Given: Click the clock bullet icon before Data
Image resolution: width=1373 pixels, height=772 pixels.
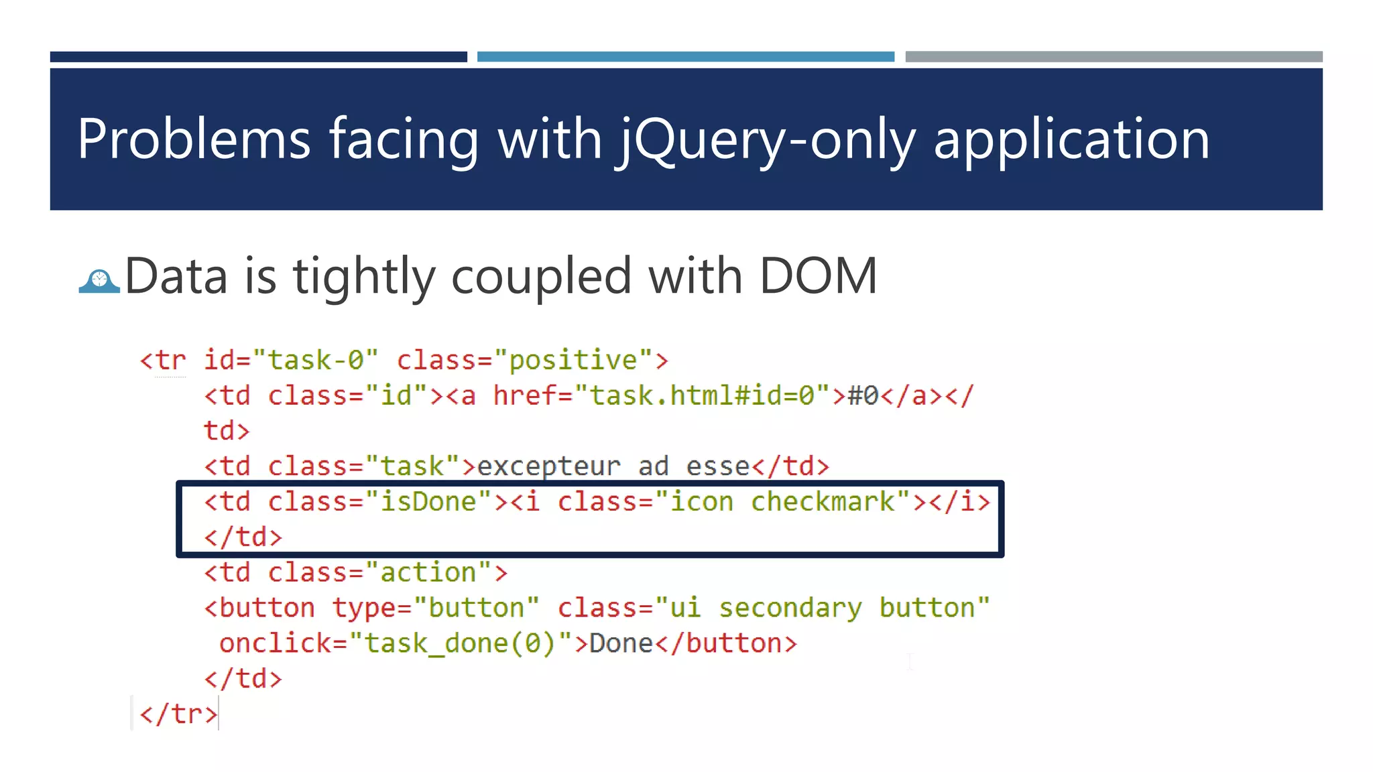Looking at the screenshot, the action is click(x=99, y=281).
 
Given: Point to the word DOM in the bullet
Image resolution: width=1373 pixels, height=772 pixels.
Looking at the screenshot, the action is click(x=818, y=275).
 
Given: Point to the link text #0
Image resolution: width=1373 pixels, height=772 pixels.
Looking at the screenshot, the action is click(x=863, y=395).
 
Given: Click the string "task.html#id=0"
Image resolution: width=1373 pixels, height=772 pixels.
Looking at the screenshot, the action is click(x=703, y=395).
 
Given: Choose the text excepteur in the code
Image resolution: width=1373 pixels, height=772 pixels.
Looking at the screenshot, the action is click(x=548, y=466).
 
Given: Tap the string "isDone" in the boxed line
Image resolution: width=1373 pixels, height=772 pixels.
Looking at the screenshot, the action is click(x=428, y=502).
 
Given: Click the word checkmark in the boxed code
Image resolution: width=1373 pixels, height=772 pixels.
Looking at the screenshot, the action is click(x=823, y=502).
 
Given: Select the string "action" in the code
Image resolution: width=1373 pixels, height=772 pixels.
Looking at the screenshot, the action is click(x=428, y=572).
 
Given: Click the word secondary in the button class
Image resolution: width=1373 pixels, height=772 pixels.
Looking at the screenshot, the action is click(x=790, y=608).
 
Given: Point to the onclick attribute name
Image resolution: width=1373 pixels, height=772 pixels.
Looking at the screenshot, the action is click(x=275, y=643).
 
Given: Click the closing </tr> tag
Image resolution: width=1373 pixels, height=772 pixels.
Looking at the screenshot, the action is click(x=178, y=714).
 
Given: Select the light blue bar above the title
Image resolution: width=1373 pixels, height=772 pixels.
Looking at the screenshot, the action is click(x=685, y=57).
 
